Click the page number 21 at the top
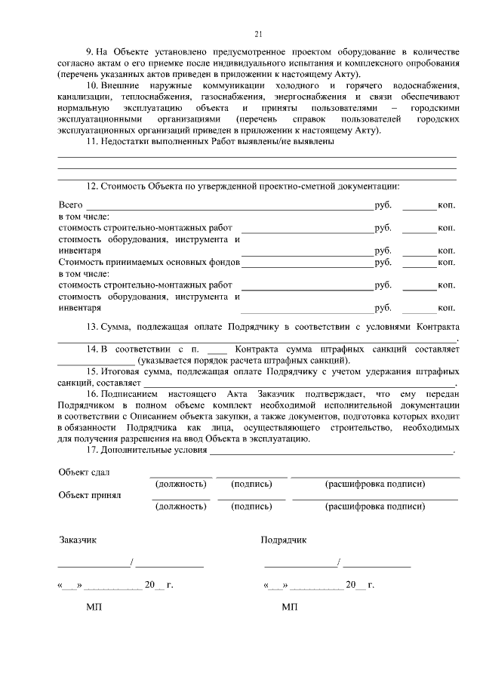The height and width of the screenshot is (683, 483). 257,34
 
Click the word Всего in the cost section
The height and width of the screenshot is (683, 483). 70,205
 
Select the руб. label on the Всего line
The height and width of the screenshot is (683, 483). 383,205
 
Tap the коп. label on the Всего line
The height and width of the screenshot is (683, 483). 446,205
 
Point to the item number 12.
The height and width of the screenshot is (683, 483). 93,185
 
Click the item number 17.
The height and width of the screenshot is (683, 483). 93,450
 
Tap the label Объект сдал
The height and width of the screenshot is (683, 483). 84,472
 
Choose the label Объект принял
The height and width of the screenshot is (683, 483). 89,495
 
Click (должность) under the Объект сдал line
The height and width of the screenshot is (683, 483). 180,484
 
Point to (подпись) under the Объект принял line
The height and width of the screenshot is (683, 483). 252,506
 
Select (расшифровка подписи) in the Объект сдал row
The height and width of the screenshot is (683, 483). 374,484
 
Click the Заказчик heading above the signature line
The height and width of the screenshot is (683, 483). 78,540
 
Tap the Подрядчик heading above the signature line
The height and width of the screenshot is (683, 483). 283,540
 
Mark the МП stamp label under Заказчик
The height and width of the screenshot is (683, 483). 94,607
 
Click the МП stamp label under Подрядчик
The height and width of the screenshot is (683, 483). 289,607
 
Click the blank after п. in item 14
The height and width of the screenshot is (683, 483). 216,351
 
